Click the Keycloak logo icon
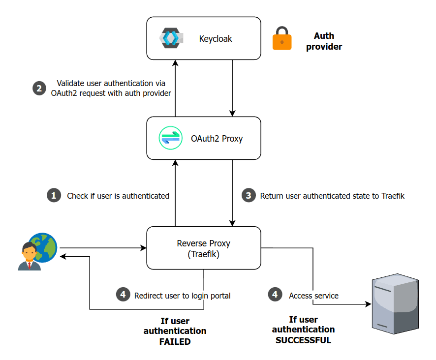(171, 38)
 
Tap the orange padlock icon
(282, 39)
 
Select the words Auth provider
(324, 41)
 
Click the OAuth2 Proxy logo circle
(171, 138)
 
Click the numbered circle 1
(53, 196)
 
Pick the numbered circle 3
(249, 196)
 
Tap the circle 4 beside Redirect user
(123, 295)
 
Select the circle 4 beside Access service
(275, 295)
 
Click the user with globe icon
(37, 252)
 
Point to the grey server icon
(395, 305)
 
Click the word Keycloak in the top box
(216, 38)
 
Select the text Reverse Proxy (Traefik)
(204, 249)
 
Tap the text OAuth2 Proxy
(217, 139)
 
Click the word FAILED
(175, 341)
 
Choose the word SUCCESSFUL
(303, 340)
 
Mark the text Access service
(313, 296)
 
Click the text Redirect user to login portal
(182, 296)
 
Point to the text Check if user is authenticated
(118, 196)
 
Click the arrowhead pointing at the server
(368, 304)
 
